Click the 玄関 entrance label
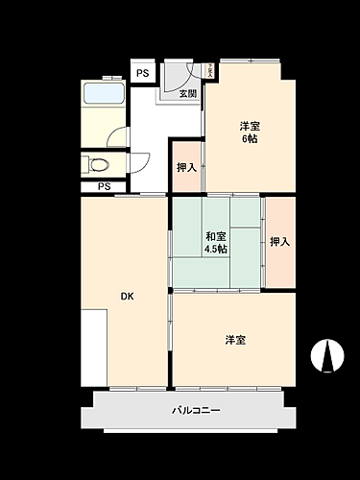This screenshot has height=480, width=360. pyautogui.click(x=188, y=94)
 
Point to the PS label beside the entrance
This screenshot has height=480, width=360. pyautogui.click(x=142, y=73)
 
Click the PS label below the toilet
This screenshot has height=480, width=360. pyautogui.click(x=103, y=186)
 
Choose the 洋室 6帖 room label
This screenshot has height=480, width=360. pyautogui.click(x=249, y=132)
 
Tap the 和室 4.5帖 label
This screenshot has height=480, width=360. pyautogui.click(x=215, y=243)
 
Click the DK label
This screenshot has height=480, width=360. pyautogui.click(x=127, y=296)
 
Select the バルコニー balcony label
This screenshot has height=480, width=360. pyautogui.click(x=196, y=411)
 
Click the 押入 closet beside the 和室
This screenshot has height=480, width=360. pyautogui.click(x=278, y=242)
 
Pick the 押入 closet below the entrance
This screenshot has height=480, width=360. pyautogui.click(x=186, y=168)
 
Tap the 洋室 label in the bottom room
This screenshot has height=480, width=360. pyautogui.click(x=235, y=339)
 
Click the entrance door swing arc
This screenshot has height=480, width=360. pyautogui.click(x=178, y=77)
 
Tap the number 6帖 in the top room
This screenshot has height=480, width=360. pyautogui.click(x=249, y=138)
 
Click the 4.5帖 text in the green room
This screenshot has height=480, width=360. pyautogui.click(x=215, y=250)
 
